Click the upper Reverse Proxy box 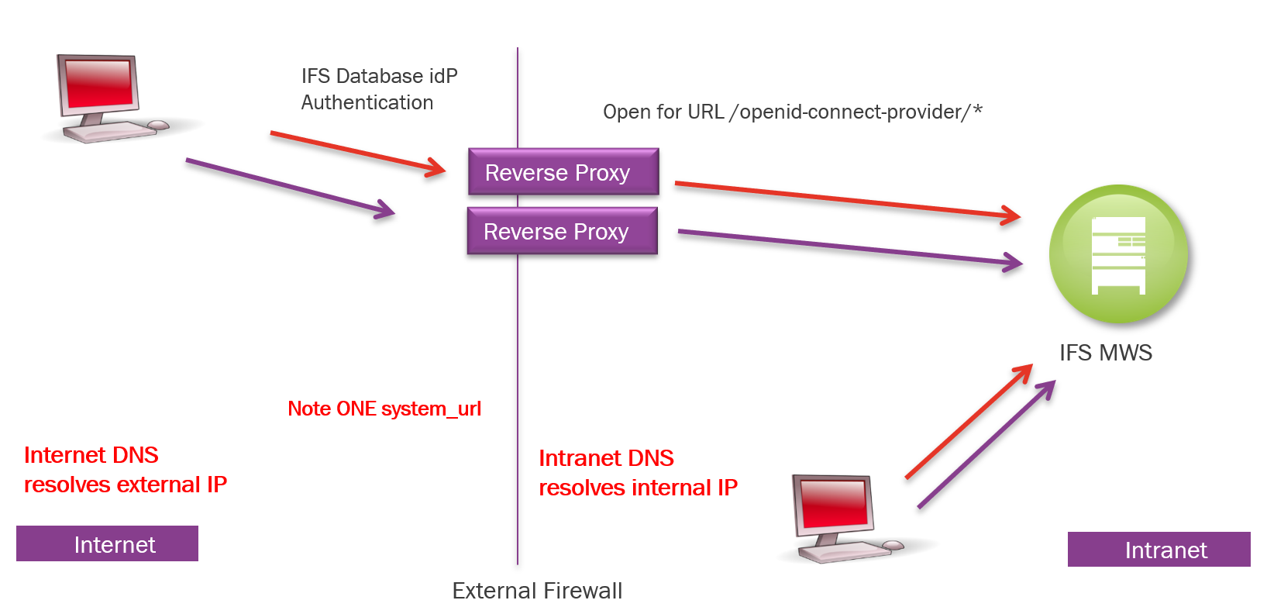[563, 171]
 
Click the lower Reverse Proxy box [562, 231]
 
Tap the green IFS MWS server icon [1118, 254]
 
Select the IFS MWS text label [1105, 353]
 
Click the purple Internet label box [107, 543]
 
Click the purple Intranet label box [1159, 550]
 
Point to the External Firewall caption [537, 591]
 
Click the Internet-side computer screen [98, 83]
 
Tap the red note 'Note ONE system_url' [384, 409]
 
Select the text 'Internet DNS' [91, 455]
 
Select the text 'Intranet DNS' [606, 458]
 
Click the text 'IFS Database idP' [379, 76]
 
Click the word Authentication [367, 102]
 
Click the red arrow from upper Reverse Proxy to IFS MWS [845, 199]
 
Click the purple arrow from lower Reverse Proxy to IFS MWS [849, 247]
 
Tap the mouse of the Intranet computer [893, 546]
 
